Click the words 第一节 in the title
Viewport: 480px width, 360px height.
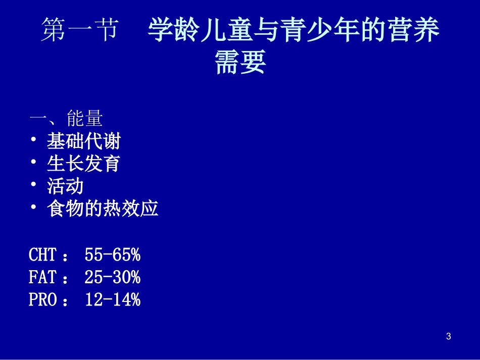coord(79,31)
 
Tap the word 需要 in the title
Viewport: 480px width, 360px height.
coord(240,62)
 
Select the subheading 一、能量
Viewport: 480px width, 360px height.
coord(66,119)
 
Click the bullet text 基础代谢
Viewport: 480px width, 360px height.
coord(84,141)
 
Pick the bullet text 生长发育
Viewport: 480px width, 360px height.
coord(84,164)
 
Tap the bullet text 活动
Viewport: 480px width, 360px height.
coord(65,186)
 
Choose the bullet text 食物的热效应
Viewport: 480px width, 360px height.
coord(103,209)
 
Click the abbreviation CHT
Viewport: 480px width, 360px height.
coord(42,255)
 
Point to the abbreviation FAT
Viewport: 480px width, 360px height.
coord(42,277)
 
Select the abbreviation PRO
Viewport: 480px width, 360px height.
coord(42,300)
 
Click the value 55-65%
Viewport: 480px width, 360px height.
coord(112,255)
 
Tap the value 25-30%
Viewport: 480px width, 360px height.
coord(112,277)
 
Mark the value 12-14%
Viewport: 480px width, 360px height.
coord(112,300)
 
